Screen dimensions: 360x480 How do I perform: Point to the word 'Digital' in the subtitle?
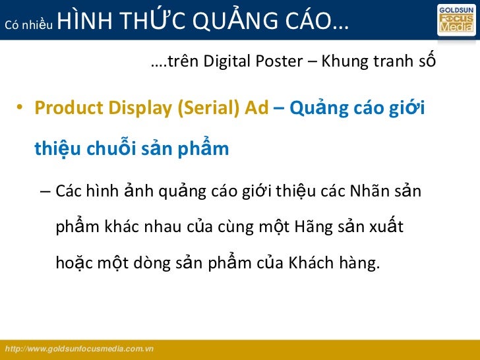(x=230, y=63)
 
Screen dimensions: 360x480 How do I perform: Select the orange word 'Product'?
(x=66, y=108)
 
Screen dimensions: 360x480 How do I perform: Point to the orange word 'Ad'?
(x=256, y=108)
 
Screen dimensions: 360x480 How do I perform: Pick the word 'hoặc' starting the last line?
(x=74, y=264)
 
